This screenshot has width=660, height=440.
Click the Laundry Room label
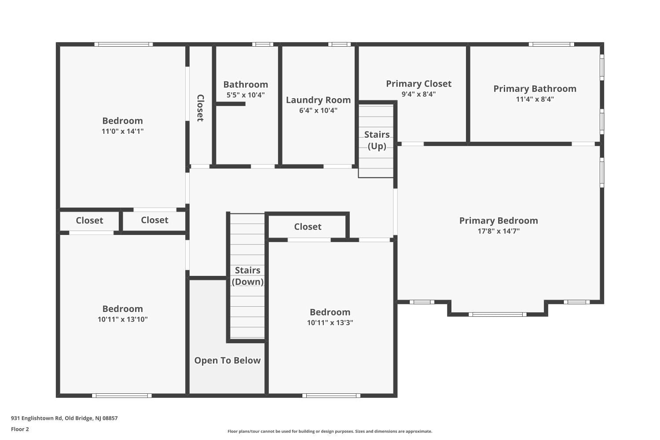pos(318,100)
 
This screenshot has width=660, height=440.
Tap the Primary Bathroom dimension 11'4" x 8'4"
pos(535,99)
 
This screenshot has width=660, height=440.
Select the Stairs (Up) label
pos(377,140)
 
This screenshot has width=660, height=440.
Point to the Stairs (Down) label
pos(247,276)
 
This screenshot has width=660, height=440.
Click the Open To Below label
pos(227,360)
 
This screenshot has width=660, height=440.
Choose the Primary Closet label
pos(418,84)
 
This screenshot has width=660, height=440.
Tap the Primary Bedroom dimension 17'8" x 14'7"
pos(499,231)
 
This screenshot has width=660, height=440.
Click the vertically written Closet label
pos(200,108)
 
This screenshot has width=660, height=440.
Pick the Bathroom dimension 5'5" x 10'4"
pos(246,95)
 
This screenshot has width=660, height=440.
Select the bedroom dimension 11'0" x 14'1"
pos(122,131)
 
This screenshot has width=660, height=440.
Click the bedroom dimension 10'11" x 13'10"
pos(122,319)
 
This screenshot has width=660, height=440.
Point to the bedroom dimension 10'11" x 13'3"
pos(330,323)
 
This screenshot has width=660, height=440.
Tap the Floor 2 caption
pos(20,429)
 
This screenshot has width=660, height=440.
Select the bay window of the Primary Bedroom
pos(497,314)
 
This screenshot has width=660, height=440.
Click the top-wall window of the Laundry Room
pos(339,44)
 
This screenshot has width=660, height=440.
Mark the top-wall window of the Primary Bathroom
pos(551,44)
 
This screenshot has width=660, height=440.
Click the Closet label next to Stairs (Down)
pos(308,227)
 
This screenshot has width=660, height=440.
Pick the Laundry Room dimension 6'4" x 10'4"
pos(318,110)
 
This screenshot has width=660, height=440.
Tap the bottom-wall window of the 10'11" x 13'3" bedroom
pos(331,396)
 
